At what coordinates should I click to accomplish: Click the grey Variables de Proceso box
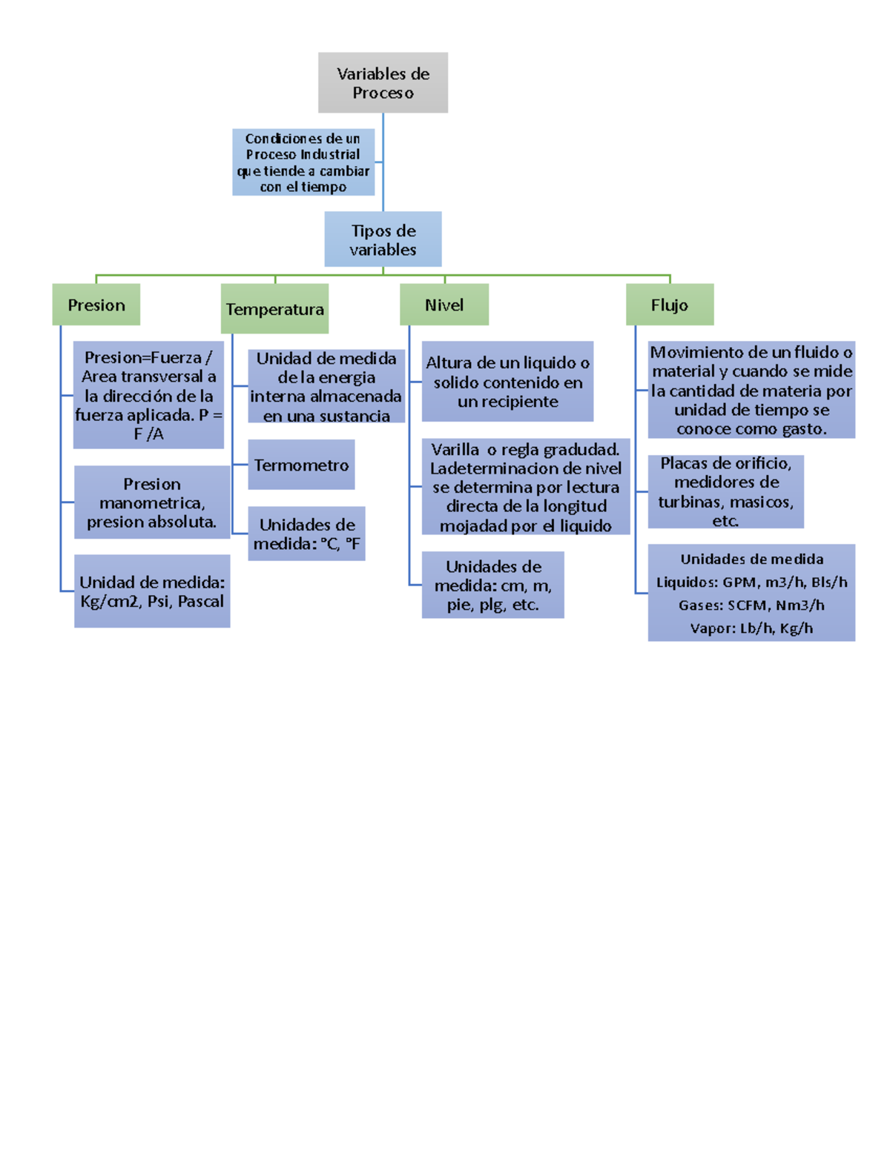click(383, 82)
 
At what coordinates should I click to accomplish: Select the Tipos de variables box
click(383, 239)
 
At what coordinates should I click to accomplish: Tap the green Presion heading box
click(96, 305)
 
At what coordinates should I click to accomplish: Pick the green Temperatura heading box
click(274, 309)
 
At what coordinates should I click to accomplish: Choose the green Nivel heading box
click(444, 305)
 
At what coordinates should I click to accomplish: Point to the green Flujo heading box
click(670, 305)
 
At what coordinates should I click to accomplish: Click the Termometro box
click(301, 465)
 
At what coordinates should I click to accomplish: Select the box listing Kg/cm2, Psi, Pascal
click(152, 591)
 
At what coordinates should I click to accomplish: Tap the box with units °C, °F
click(306, 534)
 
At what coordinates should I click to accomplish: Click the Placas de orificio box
click(725, 491)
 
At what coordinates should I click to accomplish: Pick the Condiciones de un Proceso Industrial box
click(303, 162)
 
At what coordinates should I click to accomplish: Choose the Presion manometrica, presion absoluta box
click(152, 502)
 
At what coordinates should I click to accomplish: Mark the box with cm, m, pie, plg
click(492, 585)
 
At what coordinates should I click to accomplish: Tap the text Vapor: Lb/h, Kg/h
click(751, 628)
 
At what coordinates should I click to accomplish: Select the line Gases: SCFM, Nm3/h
click(751, 606)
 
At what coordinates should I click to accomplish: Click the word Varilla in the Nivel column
click(455, 449)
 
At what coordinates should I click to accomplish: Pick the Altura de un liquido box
click(507, 382)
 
